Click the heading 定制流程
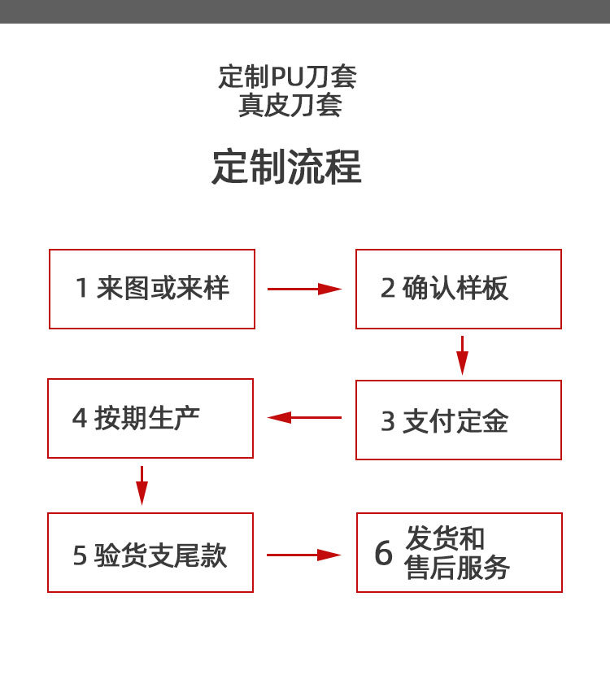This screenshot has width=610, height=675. [286, 167]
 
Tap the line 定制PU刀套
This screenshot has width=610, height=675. [288, 77]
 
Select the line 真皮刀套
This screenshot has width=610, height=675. [290, 106]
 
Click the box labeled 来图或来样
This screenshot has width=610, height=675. [152, 289]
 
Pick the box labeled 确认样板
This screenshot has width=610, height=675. [459, 289]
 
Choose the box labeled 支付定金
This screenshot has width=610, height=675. [459, 420]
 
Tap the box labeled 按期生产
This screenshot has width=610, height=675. [150, 418]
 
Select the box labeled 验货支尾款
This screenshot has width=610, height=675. [150, 552]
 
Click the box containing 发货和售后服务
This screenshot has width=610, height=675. [459, 552]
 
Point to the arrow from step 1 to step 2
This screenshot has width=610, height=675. [304, 289]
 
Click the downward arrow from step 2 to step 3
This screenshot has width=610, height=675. [462, 355]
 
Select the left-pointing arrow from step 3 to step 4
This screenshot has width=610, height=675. [304, 418]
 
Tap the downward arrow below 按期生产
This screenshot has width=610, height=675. [142, 485]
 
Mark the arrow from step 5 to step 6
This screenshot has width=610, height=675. [303, 555]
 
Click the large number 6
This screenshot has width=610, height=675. [383, 553]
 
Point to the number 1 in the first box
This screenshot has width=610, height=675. [81, 289]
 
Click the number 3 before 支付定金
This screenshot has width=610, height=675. [388, 421]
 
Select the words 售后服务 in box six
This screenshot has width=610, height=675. [457, 568]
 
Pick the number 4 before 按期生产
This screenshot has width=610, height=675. [80, 419]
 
